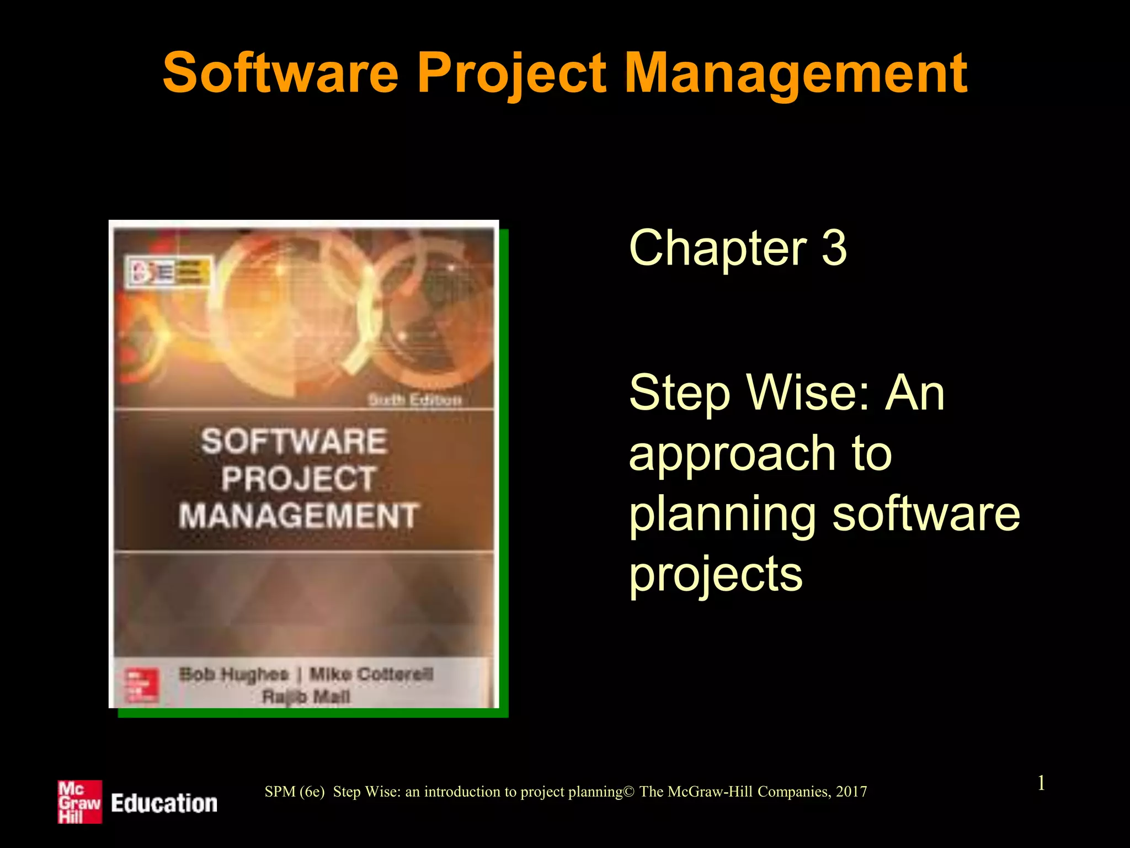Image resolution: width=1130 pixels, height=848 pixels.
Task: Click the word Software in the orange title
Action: tap(280, 73)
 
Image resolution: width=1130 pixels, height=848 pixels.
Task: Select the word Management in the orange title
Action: tap(796, 73)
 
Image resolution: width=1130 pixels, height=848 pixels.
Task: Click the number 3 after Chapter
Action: tap(834, 248)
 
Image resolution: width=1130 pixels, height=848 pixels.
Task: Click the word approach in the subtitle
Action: tap(732, 454)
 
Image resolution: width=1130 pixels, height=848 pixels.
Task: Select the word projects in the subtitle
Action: tap(716, 575)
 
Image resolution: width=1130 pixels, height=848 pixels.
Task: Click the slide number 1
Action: tap(1041, 783)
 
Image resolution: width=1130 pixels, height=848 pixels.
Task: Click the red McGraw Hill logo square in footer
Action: tap(80, 802)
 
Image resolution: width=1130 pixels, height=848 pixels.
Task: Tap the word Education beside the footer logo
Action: tap(164, 803)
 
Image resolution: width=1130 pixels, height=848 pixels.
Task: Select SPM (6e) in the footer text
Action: tap(295, 792)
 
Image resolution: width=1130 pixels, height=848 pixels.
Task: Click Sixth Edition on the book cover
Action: tap(415, 399)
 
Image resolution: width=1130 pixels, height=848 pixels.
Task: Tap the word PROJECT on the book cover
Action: tap(299, 478)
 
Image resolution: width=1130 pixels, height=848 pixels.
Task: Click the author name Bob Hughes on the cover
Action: tap(234, 674)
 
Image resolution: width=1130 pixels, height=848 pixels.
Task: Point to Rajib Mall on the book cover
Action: tap(306, 697)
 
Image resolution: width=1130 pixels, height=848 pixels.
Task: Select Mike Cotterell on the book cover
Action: tap(371, 674)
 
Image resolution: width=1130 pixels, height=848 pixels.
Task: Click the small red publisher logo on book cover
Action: tap(142, 685)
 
